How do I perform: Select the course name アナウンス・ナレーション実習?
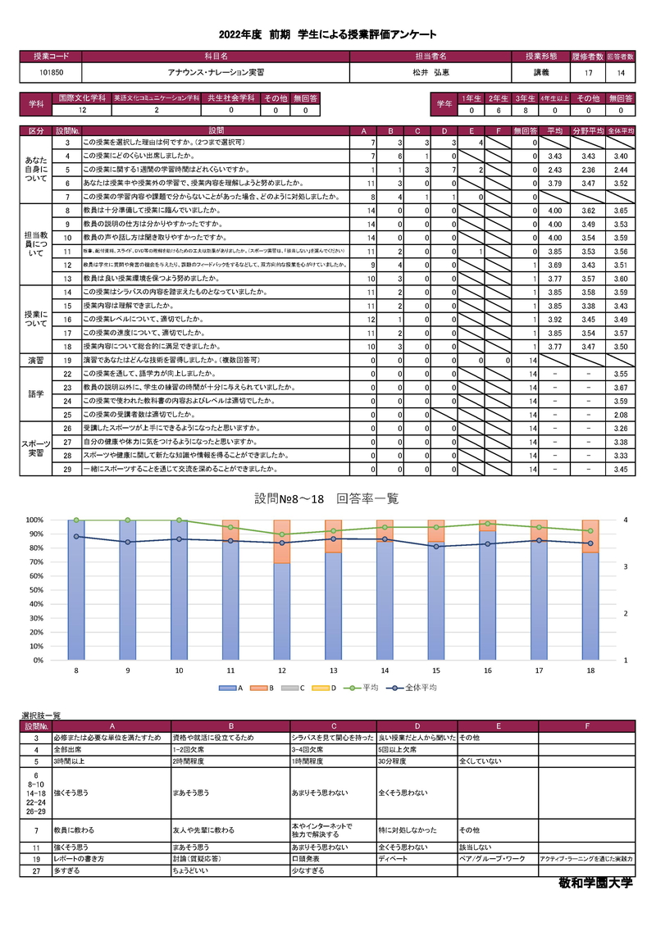pyautogui.click(x=215, y=72)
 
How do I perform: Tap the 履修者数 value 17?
pyautogui.click(x=588, y=73)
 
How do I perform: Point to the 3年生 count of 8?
pyautogui.click(x=526, y=110)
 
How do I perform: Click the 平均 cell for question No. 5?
pyautogui.click(x=553, y=170)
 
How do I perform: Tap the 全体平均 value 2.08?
pyautogui.click(x=620, y=415)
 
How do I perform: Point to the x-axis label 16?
pyautogui.click(x=488, y=670)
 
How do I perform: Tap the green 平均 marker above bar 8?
pyautogui.click(x=76, y=520)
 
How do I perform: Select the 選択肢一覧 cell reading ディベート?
pyautogui.click(x=390, y=858)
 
